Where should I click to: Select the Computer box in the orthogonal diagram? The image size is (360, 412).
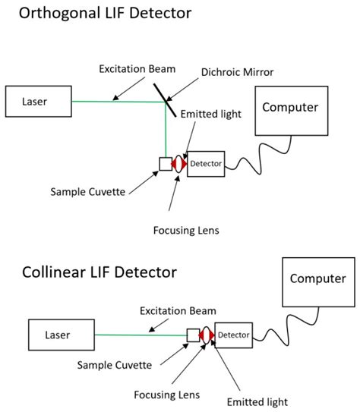pyautogui.click(x=289, y=108)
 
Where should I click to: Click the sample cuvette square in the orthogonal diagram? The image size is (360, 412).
pyautogui.click(x=166, y=163)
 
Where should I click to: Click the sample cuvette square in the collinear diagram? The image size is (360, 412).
pyautogui.click(x=193, y=335)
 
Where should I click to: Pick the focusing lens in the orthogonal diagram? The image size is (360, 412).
pyautogui.click(x=180, y=163)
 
